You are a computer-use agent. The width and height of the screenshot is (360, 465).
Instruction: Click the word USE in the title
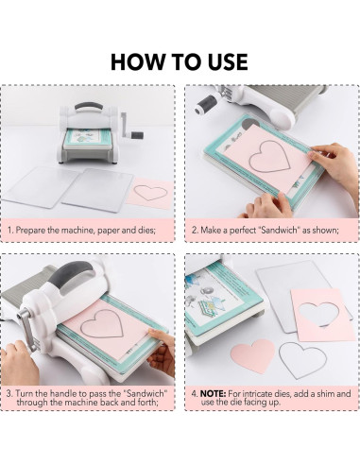(228, 61)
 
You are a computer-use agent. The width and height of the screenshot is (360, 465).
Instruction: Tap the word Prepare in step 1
(30, 230)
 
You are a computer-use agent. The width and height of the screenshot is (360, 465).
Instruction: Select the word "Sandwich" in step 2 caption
(279, 230)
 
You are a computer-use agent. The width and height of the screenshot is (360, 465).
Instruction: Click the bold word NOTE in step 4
(213, 394)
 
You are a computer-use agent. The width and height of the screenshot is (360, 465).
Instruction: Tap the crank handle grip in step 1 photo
(137, 136)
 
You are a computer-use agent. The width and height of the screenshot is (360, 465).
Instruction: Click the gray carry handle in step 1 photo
(89, 106)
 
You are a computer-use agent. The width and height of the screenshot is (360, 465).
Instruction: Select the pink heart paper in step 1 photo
(150, 193)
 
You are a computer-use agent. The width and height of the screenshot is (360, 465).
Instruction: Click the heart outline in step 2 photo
(269, 156)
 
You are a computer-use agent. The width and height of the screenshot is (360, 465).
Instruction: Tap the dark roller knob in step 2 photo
(205, 105)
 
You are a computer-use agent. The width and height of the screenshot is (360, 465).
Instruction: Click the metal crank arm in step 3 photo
(26, 329)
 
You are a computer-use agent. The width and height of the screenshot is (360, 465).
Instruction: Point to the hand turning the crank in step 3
(19, 362)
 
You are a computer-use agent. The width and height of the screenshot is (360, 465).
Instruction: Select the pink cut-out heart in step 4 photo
(252, 355)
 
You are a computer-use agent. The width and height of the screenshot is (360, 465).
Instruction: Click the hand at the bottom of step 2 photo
(267, 206)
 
